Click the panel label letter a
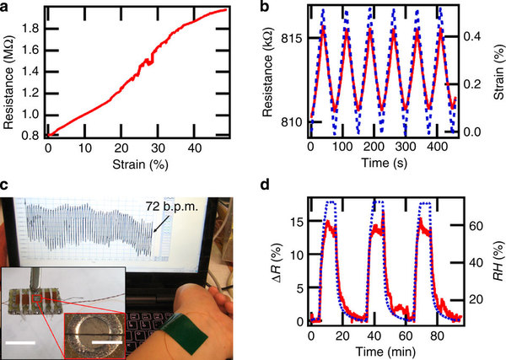point(6,8)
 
